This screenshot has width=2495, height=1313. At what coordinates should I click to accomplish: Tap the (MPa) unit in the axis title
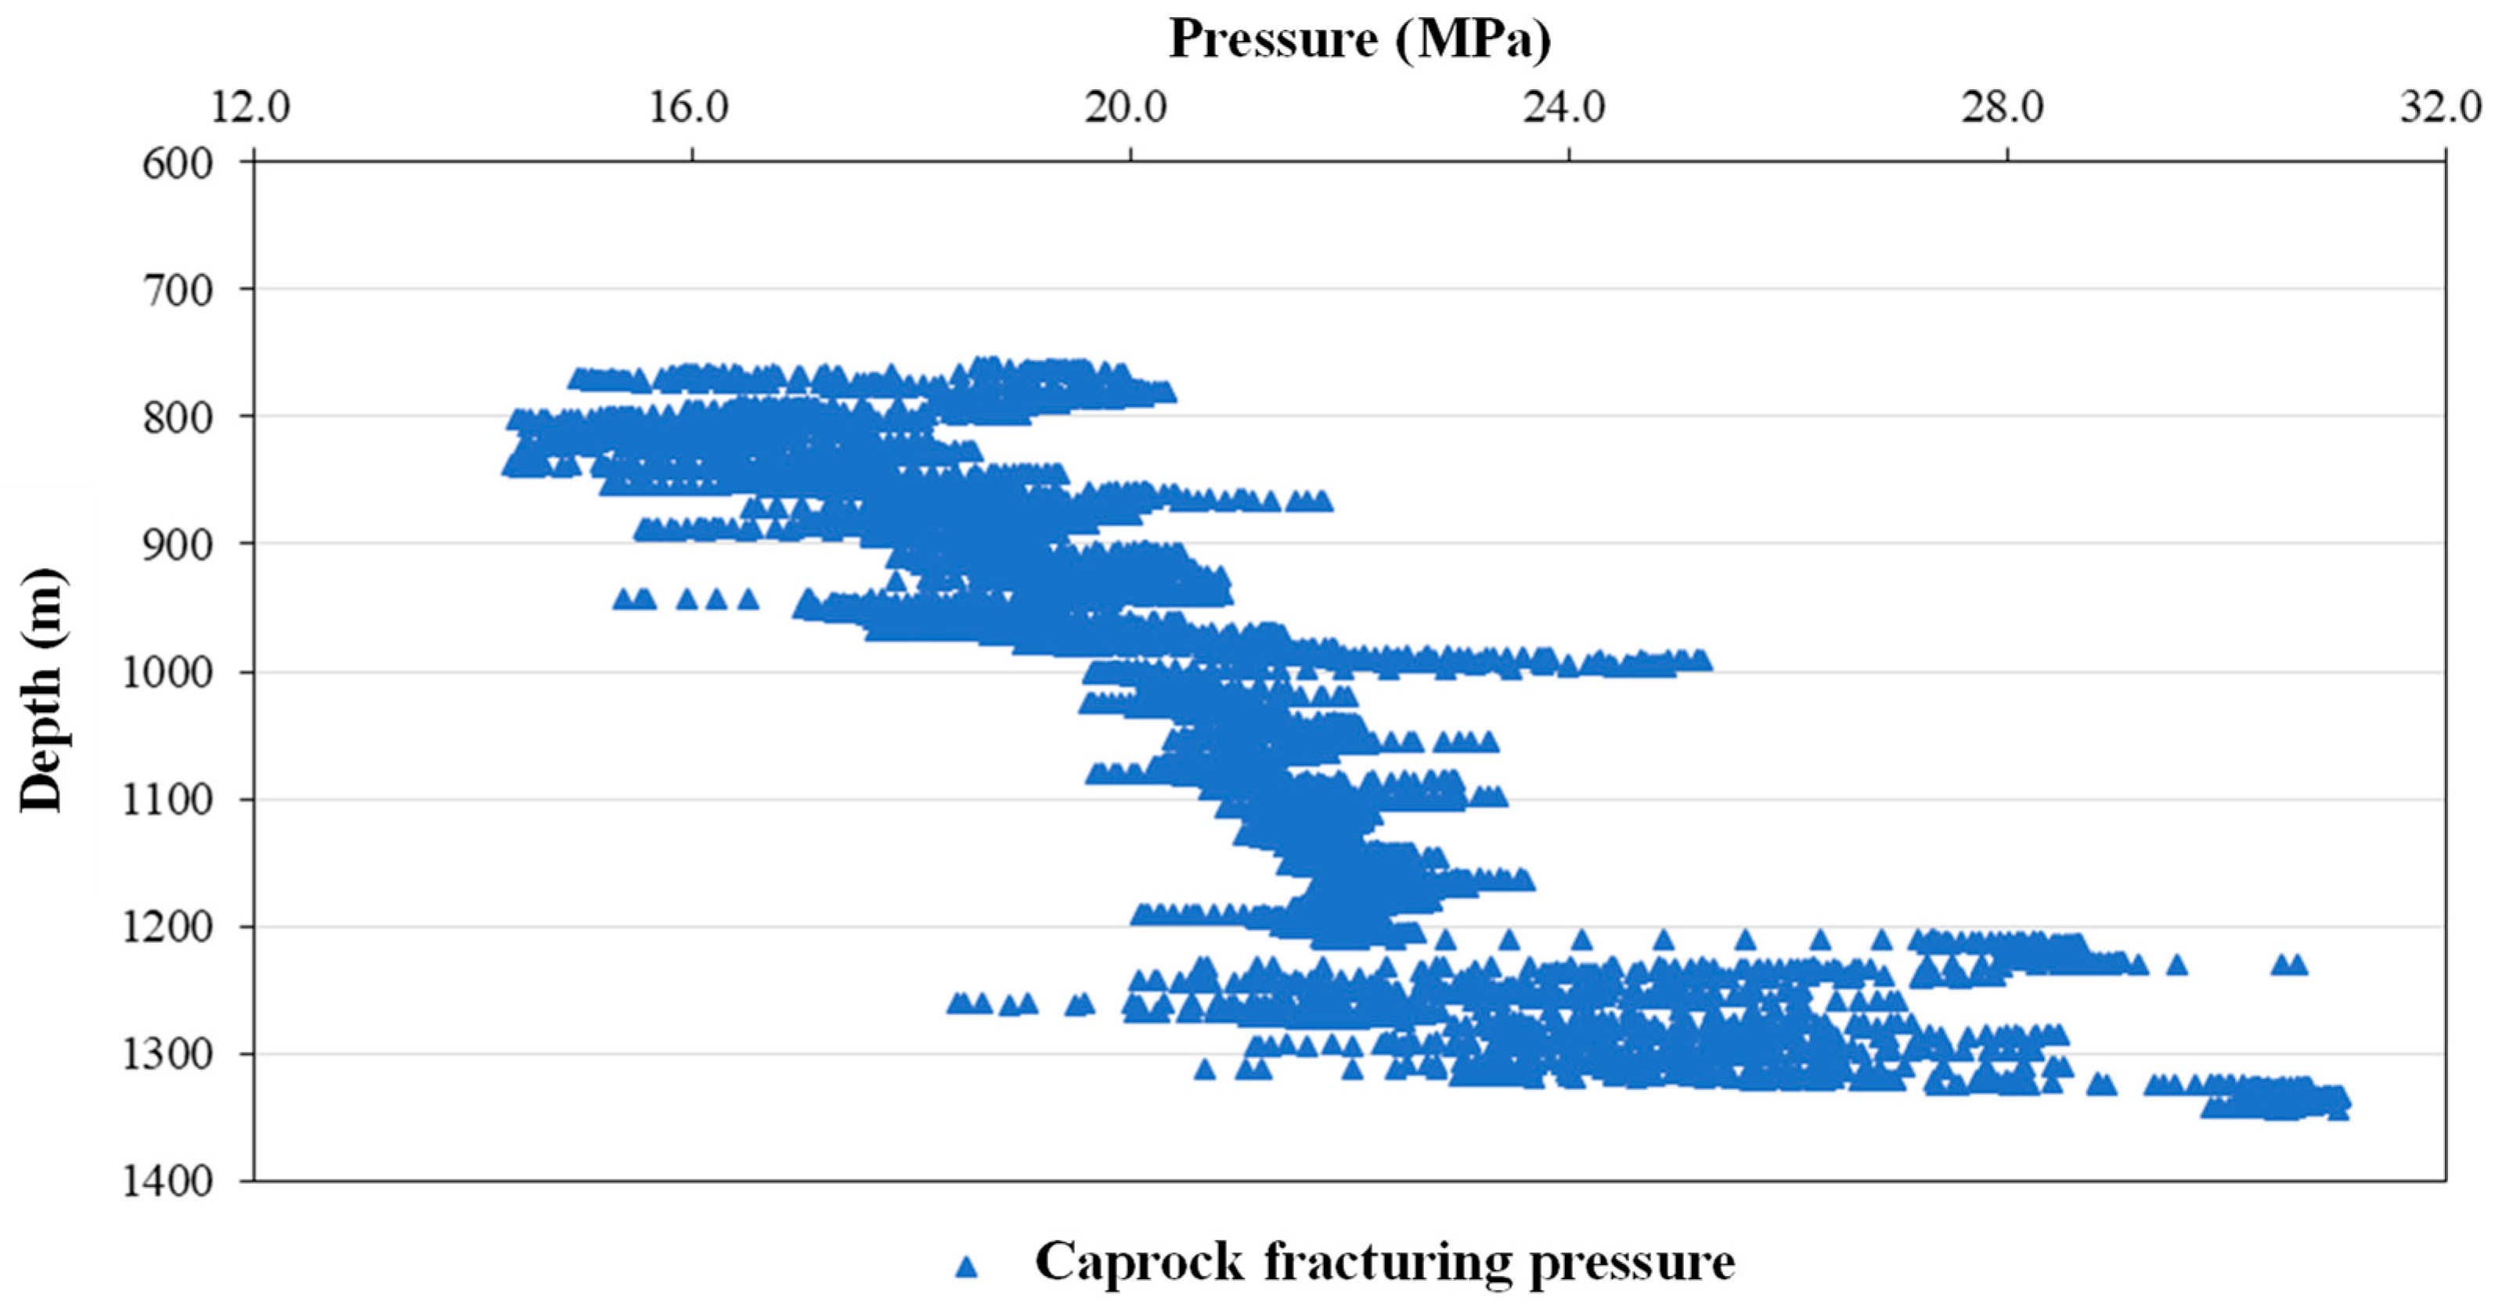point(1473,41)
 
